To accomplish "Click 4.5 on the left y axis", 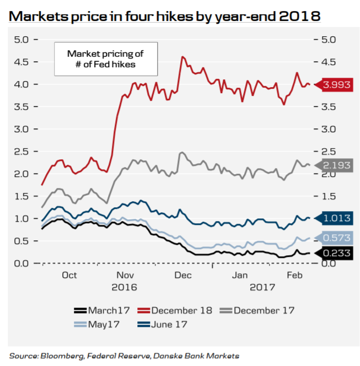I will point(22,62).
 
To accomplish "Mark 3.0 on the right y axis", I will point(321,130).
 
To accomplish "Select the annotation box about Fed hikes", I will point(105,59).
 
